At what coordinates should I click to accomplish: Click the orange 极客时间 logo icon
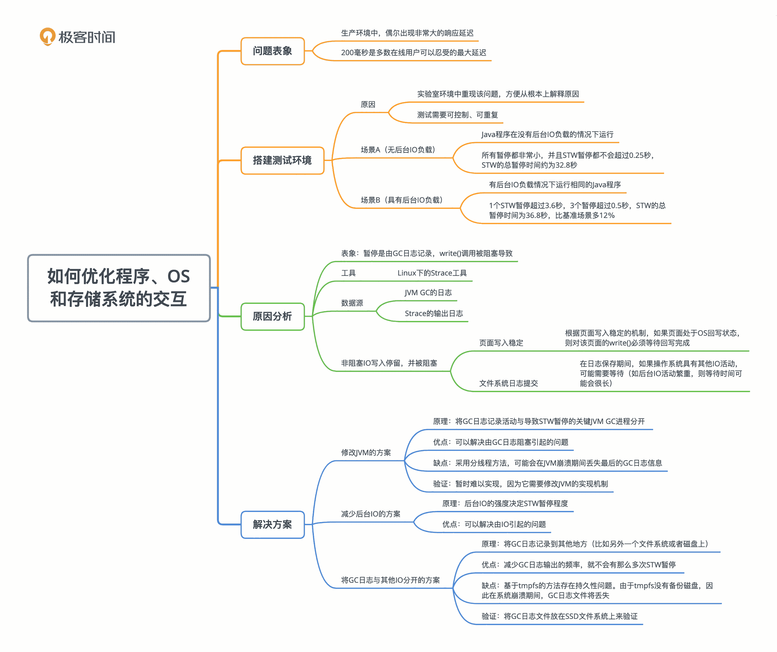point(47,36)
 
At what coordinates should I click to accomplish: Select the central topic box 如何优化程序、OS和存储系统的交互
point(119,288)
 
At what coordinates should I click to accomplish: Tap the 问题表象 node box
point(272,51)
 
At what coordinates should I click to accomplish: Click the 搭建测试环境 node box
point(282,160)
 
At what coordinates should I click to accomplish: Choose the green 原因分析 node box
point(272,317)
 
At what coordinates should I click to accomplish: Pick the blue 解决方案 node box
point(272,524)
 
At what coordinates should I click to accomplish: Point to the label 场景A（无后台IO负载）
point(398,150)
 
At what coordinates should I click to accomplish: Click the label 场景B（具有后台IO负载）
point(402,200)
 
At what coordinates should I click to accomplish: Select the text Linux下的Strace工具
point(432,273)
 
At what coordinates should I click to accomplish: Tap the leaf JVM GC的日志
point(428,292)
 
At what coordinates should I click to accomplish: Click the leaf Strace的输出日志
point(434,314)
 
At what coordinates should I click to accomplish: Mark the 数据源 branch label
point(352,303)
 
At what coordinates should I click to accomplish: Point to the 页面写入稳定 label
point(501,343)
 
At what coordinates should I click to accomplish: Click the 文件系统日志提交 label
point(508,383)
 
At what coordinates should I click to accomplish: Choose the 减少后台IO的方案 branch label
point(370,514)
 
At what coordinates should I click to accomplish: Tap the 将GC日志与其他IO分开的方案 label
point(390,580)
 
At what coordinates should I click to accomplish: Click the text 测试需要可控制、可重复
point(457,115)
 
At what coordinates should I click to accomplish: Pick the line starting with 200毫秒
point(413,53)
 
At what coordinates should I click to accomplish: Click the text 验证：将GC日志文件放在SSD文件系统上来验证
point(559,616)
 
